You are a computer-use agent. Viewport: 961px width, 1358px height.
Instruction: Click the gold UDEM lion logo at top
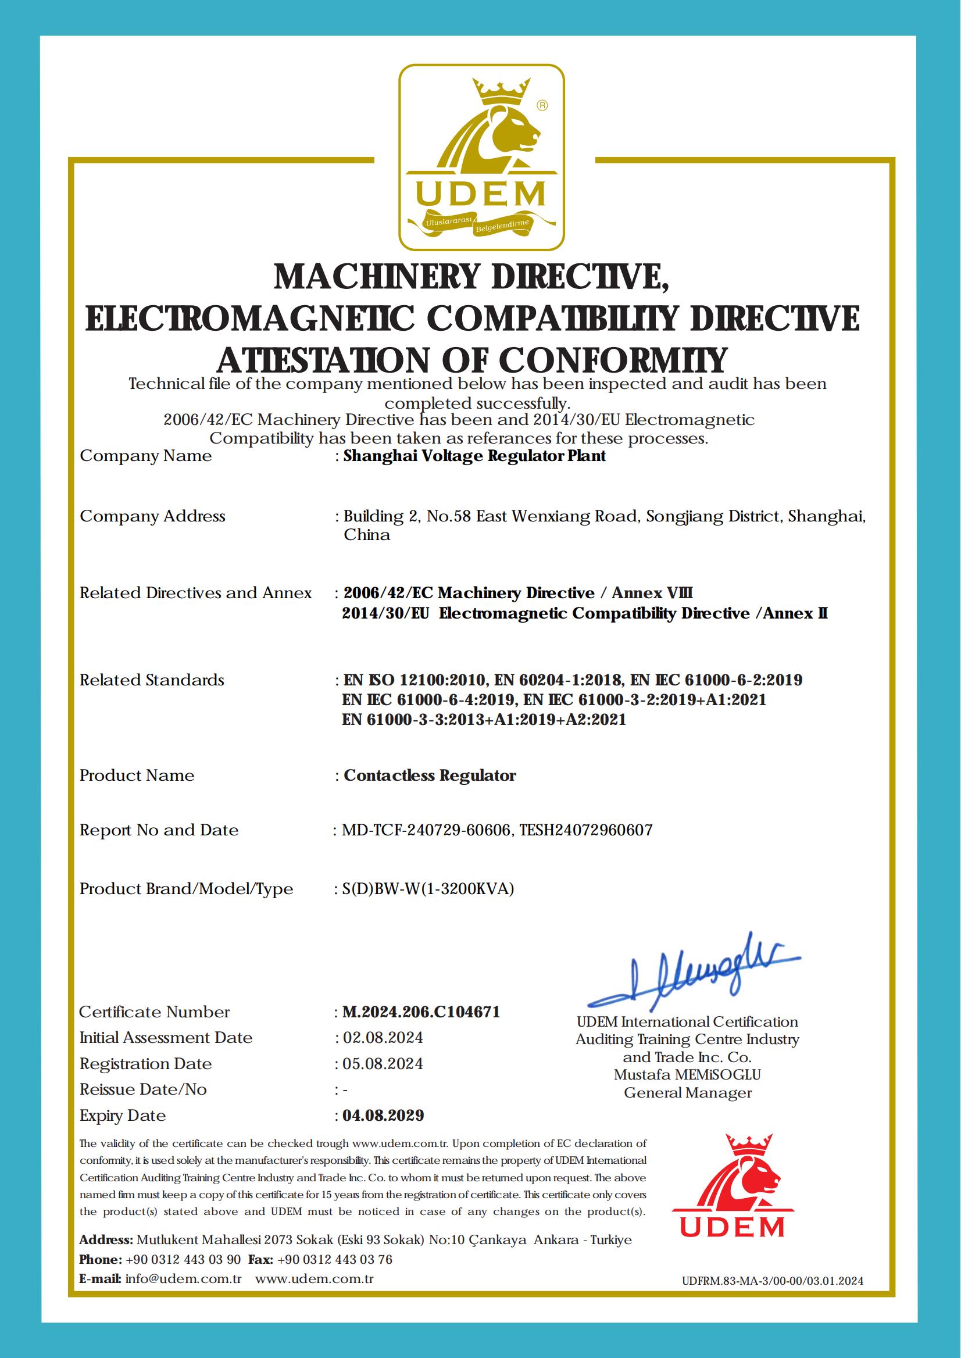[x=481, y=157]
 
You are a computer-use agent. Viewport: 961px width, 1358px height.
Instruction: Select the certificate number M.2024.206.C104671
[x=421, y=1012]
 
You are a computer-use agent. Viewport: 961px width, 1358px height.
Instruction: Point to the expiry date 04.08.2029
[x=384, y=1116]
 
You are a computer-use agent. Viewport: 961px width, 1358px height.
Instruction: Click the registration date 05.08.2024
[x=383, y=1063]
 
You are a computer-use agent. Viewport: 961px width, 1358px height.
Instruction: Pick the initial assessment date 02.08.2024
[x=383, y=1037]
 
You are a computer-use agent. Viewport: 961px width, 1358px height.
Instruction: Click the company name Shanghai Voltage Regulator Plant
[x=474, y=456]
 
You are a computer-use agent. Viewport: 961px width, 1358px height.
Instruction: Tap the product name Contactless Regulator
[x=430, y=775]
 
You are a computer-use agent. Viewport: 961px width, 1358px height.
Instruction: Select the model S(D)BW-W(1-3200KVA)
[x=428, y=888]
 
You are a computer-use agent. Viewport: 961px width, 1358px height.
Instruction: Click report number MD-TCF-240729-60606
[x=426, y=830]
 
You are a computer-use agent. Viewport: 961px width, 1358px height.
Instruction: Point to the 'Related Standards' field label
[x=152, y=680]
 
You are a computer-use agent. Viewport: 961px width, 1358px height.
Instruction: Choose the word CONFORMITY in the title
[x=612, y=360]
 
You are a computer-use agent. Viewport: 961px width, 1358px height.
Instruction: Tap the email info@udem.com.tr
[x=184, y=1278]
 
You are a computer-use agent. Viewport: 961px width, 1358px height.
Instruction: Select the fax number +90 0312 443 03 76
[x=334, y=1259]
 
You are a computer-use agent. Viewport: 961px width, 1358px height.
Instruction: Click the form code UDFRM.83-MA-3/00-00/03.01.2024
[x=772, y=1281]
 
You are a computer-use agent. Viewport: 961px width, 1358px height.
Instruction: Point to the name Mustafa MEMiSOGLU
[x=687, y=1074]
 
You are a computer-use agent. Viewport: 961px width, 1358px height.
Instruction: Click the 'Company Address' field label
[x=153, y=516]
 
